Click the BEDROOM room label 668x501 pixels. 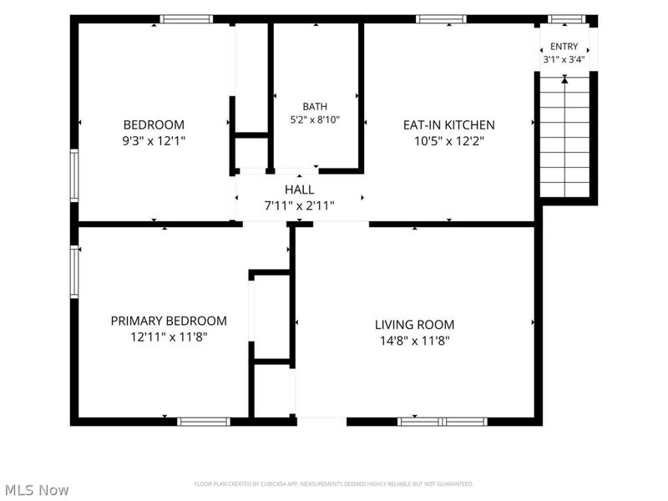click(x=154, y=124)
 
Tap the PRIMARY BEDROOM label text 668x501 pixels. click(x=169, y=321)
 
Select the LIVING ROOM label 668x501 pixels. click(x=414, y=325)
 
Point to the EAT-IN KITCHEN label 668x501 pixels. click(x=449, y=124)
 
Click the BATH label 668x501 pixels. click(x=316, y=107)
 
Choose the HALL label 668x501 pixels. click(x=300, y=190)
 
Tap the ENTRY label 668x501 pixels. click(x=564, y=47)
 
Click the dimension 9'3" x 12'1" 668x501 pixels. click(x=154, y=140)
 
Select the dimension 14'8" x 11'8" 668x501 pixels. click(x=415, y=341)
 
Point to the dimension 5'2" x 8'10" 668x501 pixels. click(x=316, y=119)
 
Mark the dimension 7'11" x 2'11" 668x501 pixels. click(x=300, y=205)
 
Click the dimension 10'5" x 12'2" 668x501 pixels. click(x=449, y=140)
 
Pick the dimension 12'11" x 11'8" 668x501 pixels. click(x=169, y=337)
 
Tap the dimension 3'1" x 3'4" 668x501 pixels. click(x=564, y=59)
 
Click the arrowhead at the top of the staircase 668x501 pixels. click(x=564, y=78)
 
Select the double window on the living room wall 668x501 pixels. click(x=443, y=422)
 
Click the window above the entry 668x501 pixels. click(x=567, y=18)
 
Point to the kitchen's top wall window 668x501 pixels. click(x=441, y=18)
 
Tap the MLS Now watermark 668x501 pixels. click(x=37, y=490)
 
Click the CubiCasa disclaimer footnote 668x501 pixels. click(x=333, y=484)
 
